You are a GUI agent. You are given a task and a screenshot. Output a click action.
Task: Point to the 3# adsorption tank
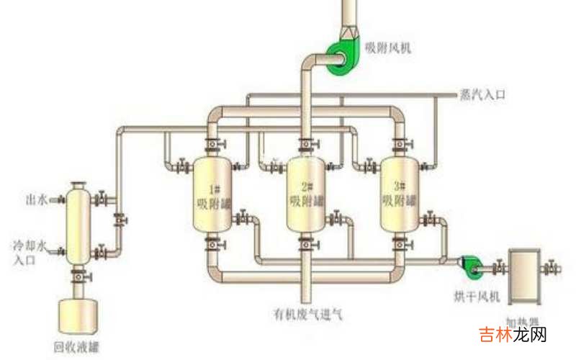click(399, 194)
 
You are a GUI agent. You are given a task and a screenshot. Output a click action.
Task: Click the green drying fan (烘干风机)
click(470, 266)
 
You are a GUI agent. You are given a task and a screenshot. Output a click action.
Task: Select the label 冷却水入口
click(30, 253)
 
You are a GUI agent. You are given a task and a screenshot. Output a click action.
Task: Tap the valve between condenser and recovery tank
click(78, 275)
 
